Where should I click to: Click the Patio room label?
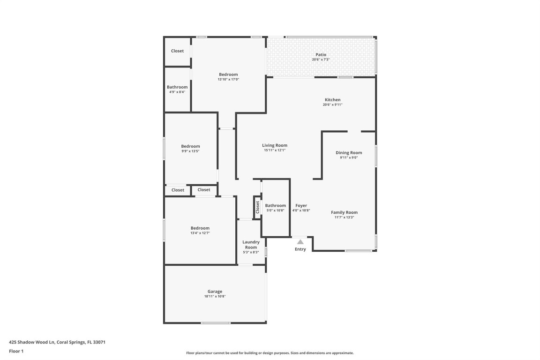[x=321, y=55]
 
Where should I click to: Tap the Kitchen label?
[x=332, y=100]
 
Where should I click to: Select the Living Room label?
[x=275, y=145]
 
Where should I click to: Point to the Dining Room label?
[x=349, y=153]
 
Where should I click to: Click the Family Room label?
[x=344, y=212]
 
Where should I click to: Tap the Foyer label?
[x=301, y=206]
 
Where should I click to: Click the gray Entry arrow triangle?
[x=300, y=242]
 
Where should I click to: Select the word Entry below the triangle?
[x=300, y=249]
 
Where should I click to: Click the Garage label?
[x=215, y=292]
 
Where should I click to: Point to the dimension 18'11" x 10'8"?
[x=215, y=297]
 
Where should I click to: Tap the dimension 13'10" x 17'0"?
[x=228, y=80]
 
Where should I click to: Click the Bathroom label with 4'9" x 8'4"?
[x=177, y=87]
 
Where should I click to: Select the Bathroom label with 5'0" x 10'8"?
[x=275, y=206]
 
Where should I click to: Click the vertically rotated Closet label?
[x=257, y=207]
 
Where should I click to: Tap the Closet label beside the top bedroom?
[x=177, y=51]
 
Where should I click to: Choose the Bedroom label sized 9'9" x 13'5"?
[x=190, y=146]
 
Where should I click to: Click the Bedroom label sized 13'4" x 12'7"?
[x=200, y=228]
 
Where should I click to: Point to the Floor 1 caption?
[x=16, y=351]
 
